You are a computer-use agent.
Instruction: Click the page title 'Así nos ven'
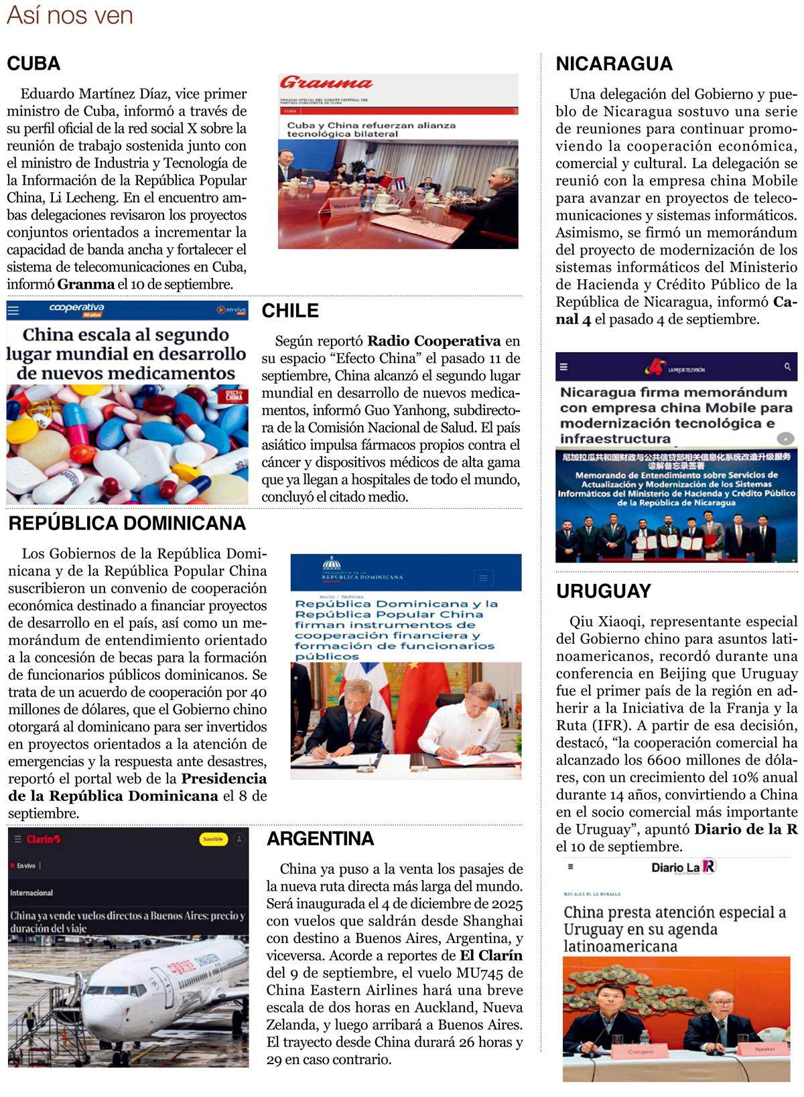70,15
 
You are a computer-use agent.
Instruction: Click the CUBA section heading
33,64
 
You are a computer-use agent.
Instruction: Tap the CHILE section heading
289,311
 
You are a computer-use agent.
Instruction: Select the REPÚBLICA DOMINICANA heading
127,524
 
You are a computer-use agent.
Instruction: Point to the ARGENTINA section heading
320,838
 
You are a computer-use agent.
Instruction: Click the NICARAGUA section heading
614,64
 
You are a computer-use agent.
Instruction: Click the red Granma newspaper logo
326,84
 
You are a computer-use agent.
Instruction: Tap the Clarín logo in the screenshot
44,839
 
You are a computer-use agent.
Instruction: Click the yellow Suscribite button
213,839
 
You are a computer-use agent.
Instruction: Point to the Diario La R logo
683,867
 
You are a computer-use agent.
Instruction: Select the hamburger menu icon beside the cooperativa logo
13,310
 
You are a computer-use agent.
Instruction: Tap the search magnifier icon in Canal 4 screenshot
787,368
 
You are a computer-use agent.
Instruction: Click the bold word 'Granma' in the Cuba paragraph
86,284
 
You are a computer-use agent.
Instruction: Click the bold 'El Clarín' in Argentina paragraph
490,956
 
